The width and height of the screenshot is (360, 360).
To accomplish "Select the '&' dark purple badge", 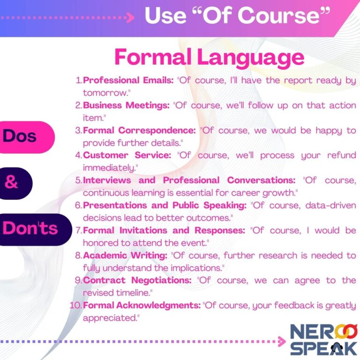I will (12, 183).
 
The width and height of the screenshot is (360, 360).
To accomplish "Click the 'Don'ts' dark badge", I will (30, 228).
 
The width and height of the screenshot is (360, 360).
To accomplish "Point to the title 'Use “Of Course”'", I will (236, 16).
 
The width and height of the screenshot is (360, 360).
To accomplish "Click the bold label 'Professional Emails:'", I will (128, 80).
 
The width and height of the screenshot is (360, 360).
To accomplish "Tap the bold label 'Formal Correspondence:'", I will (139, 130).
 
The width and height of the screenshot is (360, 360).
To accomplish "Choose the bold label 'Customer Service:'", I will (127, 155).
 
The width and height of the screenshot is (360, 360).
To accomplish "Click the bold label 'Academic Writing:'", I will (124, 255).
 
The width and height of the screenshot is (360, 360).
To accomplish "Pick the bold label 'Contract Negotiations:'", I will (138, 280).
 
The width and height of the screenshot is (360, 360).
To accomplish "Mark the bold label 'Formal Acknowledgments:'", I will (142, 305).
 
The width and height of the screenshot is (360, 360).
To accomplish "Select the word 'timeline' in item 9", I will (135, 292).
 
